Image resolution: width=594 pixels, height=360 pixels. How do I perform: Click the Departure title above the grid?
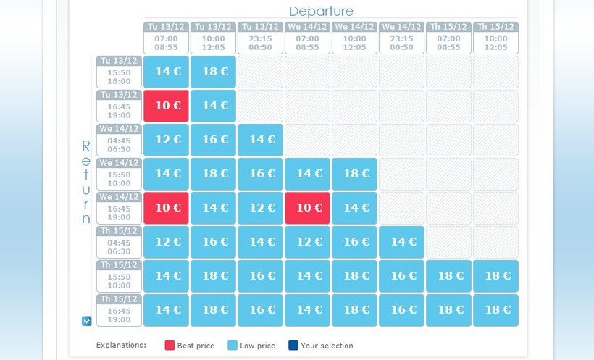tap(321, 11)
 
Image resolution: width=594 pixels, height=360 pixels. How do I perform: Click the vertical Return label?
tap(86, 182)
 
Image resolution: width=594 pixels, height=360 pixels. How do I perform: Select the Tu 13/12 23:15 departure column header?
tap(260, 38)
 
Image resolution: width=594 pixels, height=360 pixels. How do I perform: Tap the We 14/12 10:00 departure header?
tap(354, 38)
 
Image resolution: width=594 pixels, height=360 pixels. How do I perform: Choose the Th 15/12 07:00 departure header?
tap(448, 38)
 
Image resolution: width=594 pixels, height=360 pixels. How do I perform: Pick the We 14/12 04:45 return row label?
tap(119, 140)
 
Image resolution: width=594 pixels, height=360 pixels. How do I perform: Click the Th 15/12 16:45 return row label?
tap(119, 310)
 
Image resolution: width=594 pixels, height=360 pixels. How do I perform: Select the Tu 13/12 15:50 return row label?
tap(119, 72)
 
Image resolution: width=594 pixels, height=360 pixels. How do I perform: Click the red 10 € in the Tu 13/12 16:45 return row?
tap(167, 106)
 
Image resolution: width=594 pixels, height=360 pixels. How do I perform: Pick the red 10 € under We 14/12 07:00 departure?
tap(308, 208)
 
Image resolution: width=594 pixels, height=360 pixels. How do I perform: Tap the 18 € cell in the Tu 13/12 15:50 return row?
tap(214, 72)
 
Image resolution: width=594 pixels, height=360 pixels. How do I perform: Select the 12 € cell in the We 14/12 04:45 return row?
tap(167, 140)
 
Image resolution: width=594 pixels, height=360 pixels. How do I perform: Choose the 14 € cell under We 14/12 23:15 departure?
tap(402, 242)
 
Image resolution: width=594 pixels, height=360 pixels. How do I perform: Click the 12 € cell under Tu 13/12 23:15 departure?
tap(261, 208)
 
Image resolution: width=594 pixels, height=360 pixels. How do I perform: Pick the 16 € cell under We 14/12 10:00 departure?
tap(355, 242)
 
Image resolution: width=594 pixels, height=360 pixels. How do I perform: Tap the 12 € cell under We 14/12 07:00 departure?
tap(308, 242)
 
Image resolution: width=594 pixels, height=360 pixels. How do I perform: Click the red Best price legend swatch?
tap(170, 346)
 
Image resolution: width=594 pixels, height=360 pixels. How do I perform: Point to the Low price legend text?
tap(257, 346)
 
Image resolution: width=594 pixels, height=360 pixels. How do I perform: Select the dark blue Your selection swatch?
tap(293, 346)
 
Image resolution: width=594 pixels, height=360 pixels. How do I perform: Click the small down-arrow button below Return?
tap(87, 321)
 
